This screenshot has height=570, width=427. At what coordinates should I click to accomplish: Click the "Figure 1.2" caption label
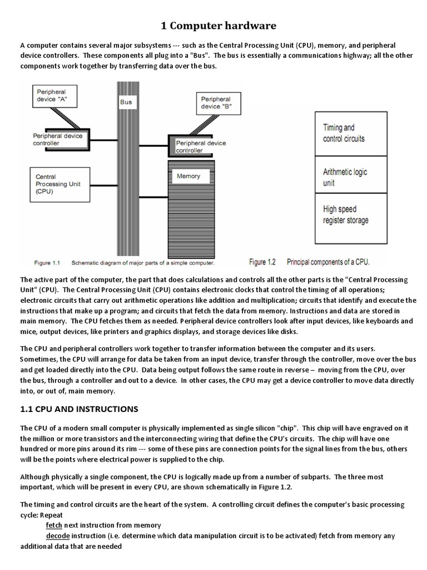pos(265,261)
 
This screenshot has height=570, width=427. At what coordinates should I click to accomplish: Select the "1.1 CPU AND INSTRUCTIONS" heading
pos(78,409)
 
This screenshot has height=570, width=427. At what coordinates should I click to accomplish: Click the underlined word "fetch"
pos(54,525)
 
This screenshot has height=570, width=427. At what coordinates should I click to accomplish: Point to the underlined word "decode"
pos(57,536)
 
